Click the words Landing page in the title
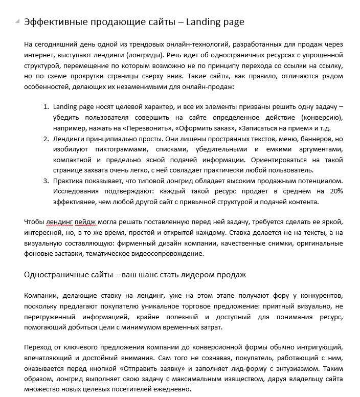tap(215, 22)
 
